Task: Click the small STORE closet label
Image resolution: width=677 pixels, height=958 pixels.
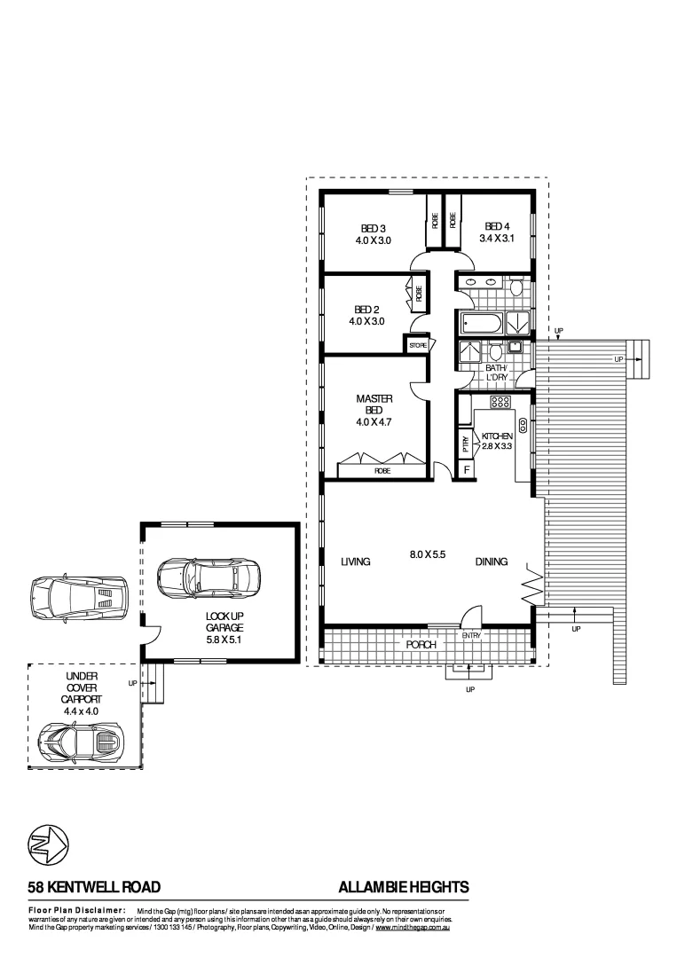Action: [x=418, y=344]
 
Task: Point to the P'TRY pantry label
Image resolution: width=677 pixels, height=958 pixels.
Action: [x=465, y=443]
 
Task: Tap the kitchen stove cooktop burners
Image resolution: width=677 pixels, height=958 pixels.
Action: [x=500, y=402]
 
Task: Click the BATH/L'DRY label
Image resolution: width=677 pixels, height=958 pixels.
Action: [x=495, y=373]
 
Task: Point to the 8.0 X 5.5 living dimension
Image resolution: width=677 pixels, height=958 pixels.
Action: [x=426, y=554]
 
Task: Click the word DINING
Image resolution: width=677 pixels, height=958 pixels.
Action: [x=491, y=561]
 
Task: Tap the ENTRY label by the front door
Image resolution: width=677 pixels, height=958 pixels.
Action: [x=470, y=636]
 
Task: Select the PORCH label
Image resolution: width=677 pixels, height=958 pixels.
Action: [x=421, y=645]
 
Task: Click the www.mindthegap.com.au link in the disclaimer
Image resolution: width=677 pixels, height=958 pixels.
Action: [x=414, y=927]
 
